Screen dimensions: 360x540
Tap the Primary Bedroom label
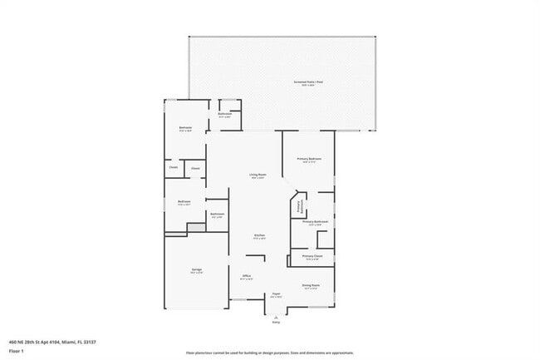click(x=309, y=159)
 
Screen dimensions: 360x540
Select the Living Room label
click(x=257, y=175)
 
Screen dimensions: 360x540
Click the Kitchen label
click(x=259, y=236)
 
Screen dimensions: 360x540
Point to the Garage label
click(x=197, y=270)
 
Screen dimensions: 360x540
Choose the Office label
click(x=247, y=276)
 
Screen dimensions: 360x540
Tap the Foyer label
click(x=276, y=294)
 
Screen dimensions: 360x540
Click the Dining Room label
click(x=312, y=286)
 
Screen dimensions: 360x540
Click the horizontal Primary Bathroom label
click(x=315, y=222)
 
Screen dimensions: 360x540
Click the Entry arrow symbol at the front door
click(x=276, y=317)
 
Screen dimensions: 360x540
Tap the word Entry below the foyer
click(x=276, y=323)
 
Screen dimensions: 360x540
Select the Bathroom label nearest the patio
click(x=224, y=114)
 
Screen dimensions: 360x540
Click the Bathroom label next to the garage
click(x=217, y=215)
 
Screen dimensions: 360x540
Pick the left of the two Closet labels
click(x=174, y=167)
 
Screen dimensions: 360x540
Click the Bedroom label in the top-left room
click(x=185, y=127)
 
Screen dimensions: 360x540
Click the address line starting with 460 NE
click(x=52, y=341)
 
